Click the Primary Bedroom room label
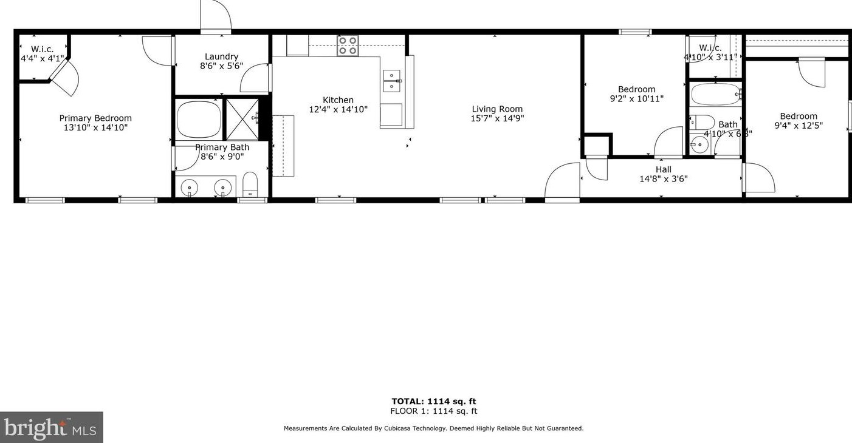[95, 118]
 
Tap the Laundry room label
[221, 56]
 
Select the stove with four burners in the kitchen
[348, 46]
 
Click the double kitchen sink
[391, 81]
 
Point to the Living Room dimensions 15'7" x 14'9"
[497, 119]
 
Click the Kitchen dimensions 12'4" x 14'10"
[338, 110]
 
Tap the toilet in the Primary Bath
[250, 184]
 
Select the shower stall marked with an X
[242, 119]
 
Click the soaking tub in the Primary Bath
[199, 119]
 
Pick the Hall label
[663, 169]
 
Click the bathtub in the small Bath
[715, 95]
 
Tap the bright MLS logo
[51, 428]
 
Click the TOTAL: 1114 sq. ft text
[433, 401]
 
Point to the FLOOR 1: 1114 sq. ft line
[433, 411]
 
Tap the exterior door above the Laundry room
[216, 17]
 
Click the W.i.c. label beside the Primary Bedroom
[42, 49]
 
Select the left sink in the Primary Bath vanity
[190, 188]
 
